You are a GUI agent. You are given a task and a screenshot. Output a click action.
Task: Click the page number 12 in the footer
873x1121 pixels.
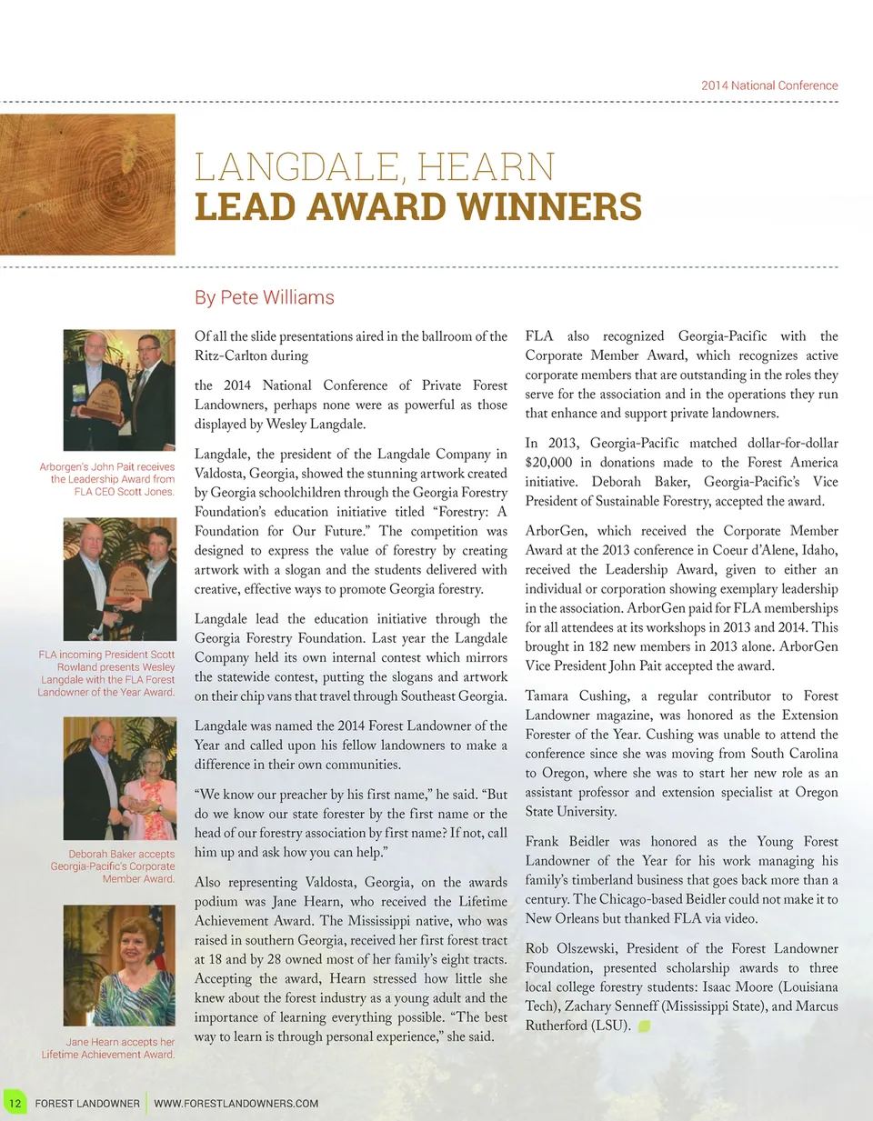point(15,1103)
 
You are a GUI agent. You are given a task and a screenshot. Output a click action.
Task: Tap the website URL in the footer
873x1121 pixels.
point(236,1104)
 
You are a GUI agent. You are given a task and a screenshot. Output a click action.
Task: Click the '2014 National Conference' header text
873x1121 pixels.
point(769,85)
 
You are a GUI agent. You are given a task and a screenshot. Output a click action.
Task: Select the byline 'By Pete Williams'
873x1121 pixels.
point(265,297)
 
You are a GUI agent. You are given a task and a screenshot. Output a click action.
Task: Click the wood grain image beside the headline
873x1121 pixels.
point(87,185)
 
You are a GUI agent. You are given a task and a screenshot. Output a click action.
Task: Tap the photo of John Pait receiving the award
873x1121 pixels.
point(119,389)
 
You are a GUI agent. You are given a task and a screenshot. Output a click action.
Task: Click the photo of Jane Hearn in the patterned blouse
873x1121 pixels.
point(119,966)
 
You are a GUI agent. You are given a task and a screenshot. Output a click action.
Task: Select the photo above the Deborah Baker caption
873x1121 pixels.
point(119,778)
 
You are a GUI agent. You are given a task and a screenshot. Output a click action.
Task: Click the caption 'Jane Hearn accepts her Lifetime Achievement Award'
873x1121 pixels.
point(108,1048)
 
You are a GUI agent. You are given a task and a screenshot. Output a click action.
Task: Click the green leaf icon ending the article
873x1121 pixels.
point(644,1026)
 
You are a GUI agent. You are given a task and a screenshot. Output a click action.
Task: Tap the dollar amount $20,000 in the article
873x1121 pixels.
point(548,463)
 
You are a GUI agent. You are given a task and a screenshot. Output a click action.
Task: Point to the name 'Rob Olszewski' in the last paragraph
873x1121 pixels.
point(572,948)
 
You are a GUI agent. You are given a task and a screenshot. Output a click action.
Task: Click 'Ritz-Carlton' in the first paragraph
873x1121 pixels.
point(232,355)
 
